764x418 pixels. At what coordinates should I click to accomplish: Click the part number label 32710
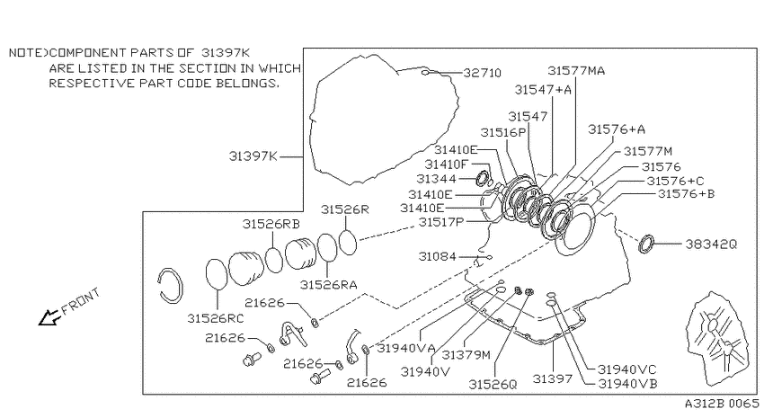(x=482, y=73)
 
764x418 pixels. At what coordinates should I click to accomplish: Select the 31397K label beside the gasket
(x=253, y=156)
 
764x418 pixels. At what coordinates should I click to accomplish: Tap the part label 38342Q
(x=711, y=245)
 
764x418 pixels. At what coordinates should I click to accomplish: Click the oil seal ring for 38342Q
(x=646, y=244)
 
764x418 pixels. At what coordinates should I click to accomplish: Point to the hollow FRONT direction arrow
(x=49, y=317)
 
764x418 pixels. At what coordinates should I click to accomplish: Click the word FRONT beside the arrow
(x=81, y=301)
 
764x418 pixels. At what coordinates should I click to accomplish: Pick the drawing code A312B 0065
(x=722, y=404)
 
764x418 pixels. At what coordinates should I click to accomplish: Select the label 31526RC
(x=216, y=318)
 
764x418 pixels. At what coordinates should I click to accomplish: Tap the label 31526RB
(x=271, y=224)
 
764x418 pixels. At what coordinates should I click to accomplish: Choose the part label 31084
(x=437, y=256)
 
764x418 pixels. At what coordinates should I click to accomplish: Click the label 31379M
(x=466, y=355)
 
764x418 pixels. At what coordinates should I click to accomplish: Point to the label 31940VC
(x=627, y=369)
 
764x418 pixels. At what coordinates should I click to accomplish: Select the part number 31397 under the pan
(x=552, y=378)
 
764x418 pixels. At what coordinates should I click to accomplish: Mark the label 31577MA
(x=576, y=71)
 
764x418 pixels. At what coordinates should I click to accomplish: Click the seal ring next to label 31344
(x=483, y=179)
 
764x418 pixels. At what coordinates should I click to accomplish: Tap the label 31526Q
(x=493, y=385)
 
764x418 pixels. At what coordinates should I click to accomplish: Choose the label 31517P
(x=441, y=222)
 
